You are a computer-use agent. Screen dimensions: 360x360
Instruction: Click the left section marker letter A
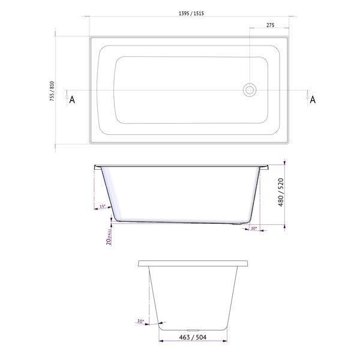(x=72, y=100)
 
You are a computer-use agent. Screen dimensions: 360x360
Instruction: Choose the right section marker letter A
(x=312, y=100)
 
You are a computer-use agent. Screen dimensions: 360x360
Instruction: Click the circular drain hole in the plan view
(x=249, y=91)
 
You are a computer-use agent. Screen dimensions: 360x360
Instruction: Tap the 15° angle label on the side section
(x=103, y=206)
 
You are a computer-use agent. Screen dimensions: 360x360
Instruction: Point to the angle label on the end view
(x=141, y=322)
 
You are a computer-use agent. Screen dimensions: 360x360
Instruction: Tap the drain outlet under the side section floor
(x=241, y=226)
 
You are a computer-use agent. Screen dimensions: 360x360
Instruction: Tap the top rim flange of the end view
(x=193, y=263)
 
